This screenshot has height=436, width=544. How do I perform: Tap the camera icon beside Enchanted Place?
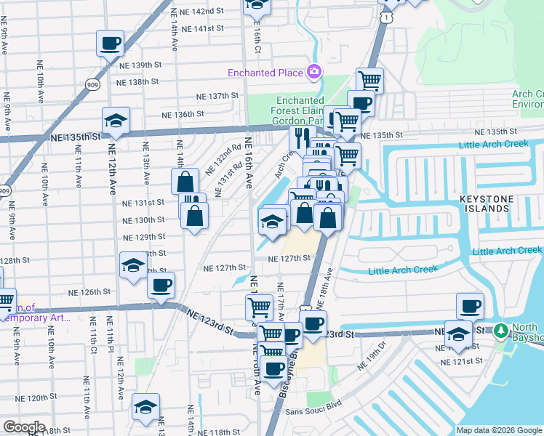(x=314, y=71)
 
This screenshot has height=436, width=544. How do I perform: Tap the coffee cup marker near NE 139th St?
(x=110, y=44)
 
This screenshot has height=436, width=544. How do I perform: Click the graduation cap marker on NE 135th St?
(x=116, y=122)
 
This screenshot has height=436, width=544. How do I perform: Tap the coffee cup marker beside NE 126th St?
(x=161, y=284)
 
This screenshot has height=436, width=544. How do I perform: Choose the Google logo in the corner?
(x=23, y=427)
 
